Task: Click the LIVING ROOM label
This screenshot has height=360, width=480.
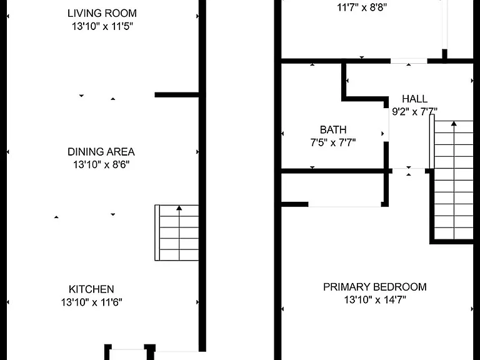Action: click(x=102, y=14)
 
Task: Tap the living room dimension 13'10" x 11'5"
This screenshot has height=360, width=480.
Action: click(x=102, y=26)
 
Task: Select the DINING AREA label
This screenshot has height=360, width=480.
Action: click(x=101, y=152)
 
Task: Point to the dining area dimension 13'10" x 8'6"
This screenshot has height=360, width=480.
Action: click(x=101, y=165)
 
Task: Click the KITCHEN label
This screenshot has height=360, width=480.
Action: click(x=91, y=289)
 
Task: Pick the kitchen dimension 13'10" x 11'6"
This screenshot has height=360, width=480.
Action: click(x=91, y=302)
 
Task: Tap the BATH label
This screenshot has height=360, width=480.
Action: click(x=333, y=130)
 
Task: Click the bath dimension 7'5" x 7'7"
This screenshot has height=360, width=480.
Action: click(x=333, y=142)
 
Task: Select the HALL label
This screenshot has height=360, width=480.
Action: click(x=414, y=99)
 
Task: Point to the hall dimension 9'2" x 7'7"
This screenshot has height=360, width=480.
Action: click(x=414, y=112)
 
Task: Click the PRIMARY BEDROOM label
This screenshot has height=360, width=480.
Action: click(x=375, y=287)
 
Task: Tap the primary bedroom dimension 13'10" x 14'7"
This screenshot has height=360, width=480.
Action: click(x=375, y=300)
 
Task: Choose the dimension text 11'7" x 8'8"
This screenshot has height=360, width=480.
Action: click(x=362, y=7)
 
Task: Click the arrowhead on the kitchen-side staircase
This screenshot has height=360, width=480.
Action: click(x=179, y=208)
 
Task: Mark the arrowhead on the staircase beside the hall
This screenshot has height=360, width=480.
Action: click(x=454, y=124)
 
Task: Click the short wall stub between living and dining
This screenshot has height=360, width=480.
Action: click(x=177, y=95)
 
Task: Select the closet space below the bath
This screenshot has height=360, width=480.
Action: click(x=332, y=187)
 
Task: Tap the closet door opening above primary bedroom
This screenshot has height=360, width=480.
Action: click(x=345, y=204)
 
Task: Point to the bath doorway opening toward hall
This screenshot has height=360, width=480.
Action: click(x=386, y=125)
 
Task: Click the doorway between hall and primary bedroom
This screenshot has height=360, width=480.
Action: click(x=409, y=171)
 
